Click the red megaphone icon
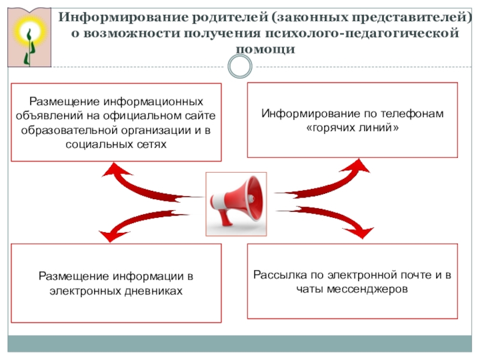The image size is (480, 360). [236, 203]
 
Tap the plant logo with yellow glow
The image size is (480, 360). [29, 38]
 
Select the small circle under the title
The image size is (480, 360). [240, 67]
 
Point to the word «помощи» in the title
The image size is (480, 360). [265, 49]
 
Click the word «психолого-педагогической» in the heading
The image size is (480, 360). [362, 33]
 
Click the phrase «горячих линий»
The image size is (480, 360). [352, 127]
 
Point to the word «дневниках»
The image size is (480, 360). [154, 291]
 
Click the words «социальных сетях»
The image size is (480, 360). [116, 144]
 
